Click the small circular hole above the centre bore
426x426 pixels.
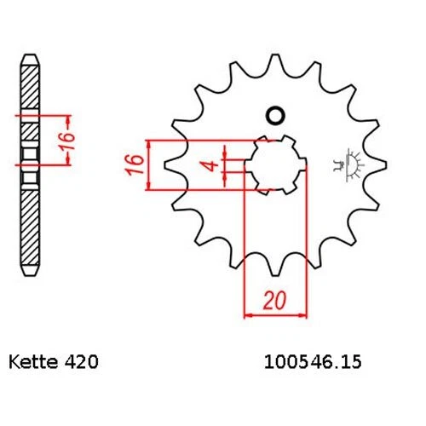274,116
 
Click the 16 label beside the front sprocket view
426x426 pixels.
133,164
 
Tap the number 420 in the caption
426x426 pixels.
84,363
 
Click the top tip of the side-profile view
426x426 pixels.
31,58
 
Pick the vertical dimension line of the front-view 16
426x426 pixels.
150,164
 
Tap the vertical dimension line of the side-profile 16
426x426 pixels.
54,136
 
